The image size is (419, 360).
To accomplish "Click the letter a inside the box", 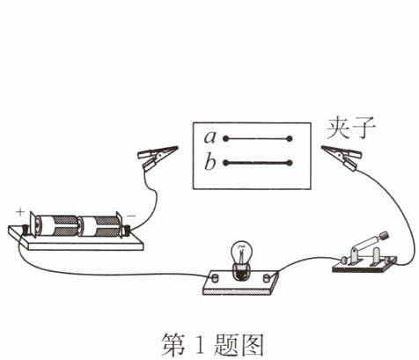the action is [x=210, y=137].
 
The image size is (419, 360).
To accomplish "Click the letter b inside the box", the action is [x=210, y=162].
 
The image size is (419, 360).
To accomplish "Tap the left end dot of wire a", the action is [x=225, y=138].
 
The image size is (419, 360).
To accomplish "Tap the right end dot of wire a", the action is [x=290, y=138].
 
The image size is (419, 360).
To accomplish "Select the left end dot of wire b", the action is [x=225, y=163].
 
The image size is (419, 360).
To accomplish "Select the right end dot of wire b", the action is [x=290, y=163].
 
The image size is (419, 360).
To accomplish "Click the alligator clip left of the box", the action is [x=157, y=157].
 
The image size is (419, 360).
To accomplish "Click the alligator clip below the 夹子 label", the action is [x=341, y=157].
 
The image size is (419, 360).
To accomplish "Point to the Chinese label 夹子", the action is [x=351, y=129].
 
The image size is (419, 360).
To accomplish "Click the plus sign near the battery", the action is [x=20, y=212].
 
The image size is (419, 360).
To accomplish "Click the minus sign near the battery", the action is [x=131, y=217].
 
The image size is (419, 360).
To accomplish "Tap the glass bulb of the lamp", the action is [x=241, y=253].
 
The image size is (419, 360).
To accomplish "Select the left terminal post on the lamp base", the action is [x=215, y=277].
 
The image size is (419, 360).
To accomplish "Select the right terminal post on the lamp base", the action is [x=267, y=277].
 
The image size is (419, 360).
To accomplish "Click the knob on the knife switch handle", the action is [x=385, y=235].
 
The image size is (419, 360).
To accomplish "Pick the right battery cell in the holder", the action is [x=99, y=226].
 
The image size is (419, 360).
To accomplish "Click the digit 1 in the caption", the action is [x=200, y=344].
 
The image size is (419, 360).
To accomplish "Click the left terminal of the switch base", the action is [x=344, y=261].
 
